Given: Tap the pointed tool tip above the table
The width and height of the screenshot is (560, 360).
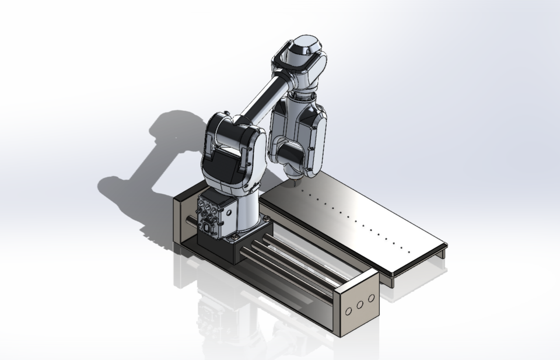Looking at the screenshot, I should (295, 183).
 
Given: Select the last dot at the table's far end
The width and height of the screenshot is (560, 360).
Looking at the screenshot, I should (409, 252).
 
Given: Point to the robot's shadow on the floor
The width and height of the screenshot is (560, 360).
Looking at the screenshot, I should (146, 158).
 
